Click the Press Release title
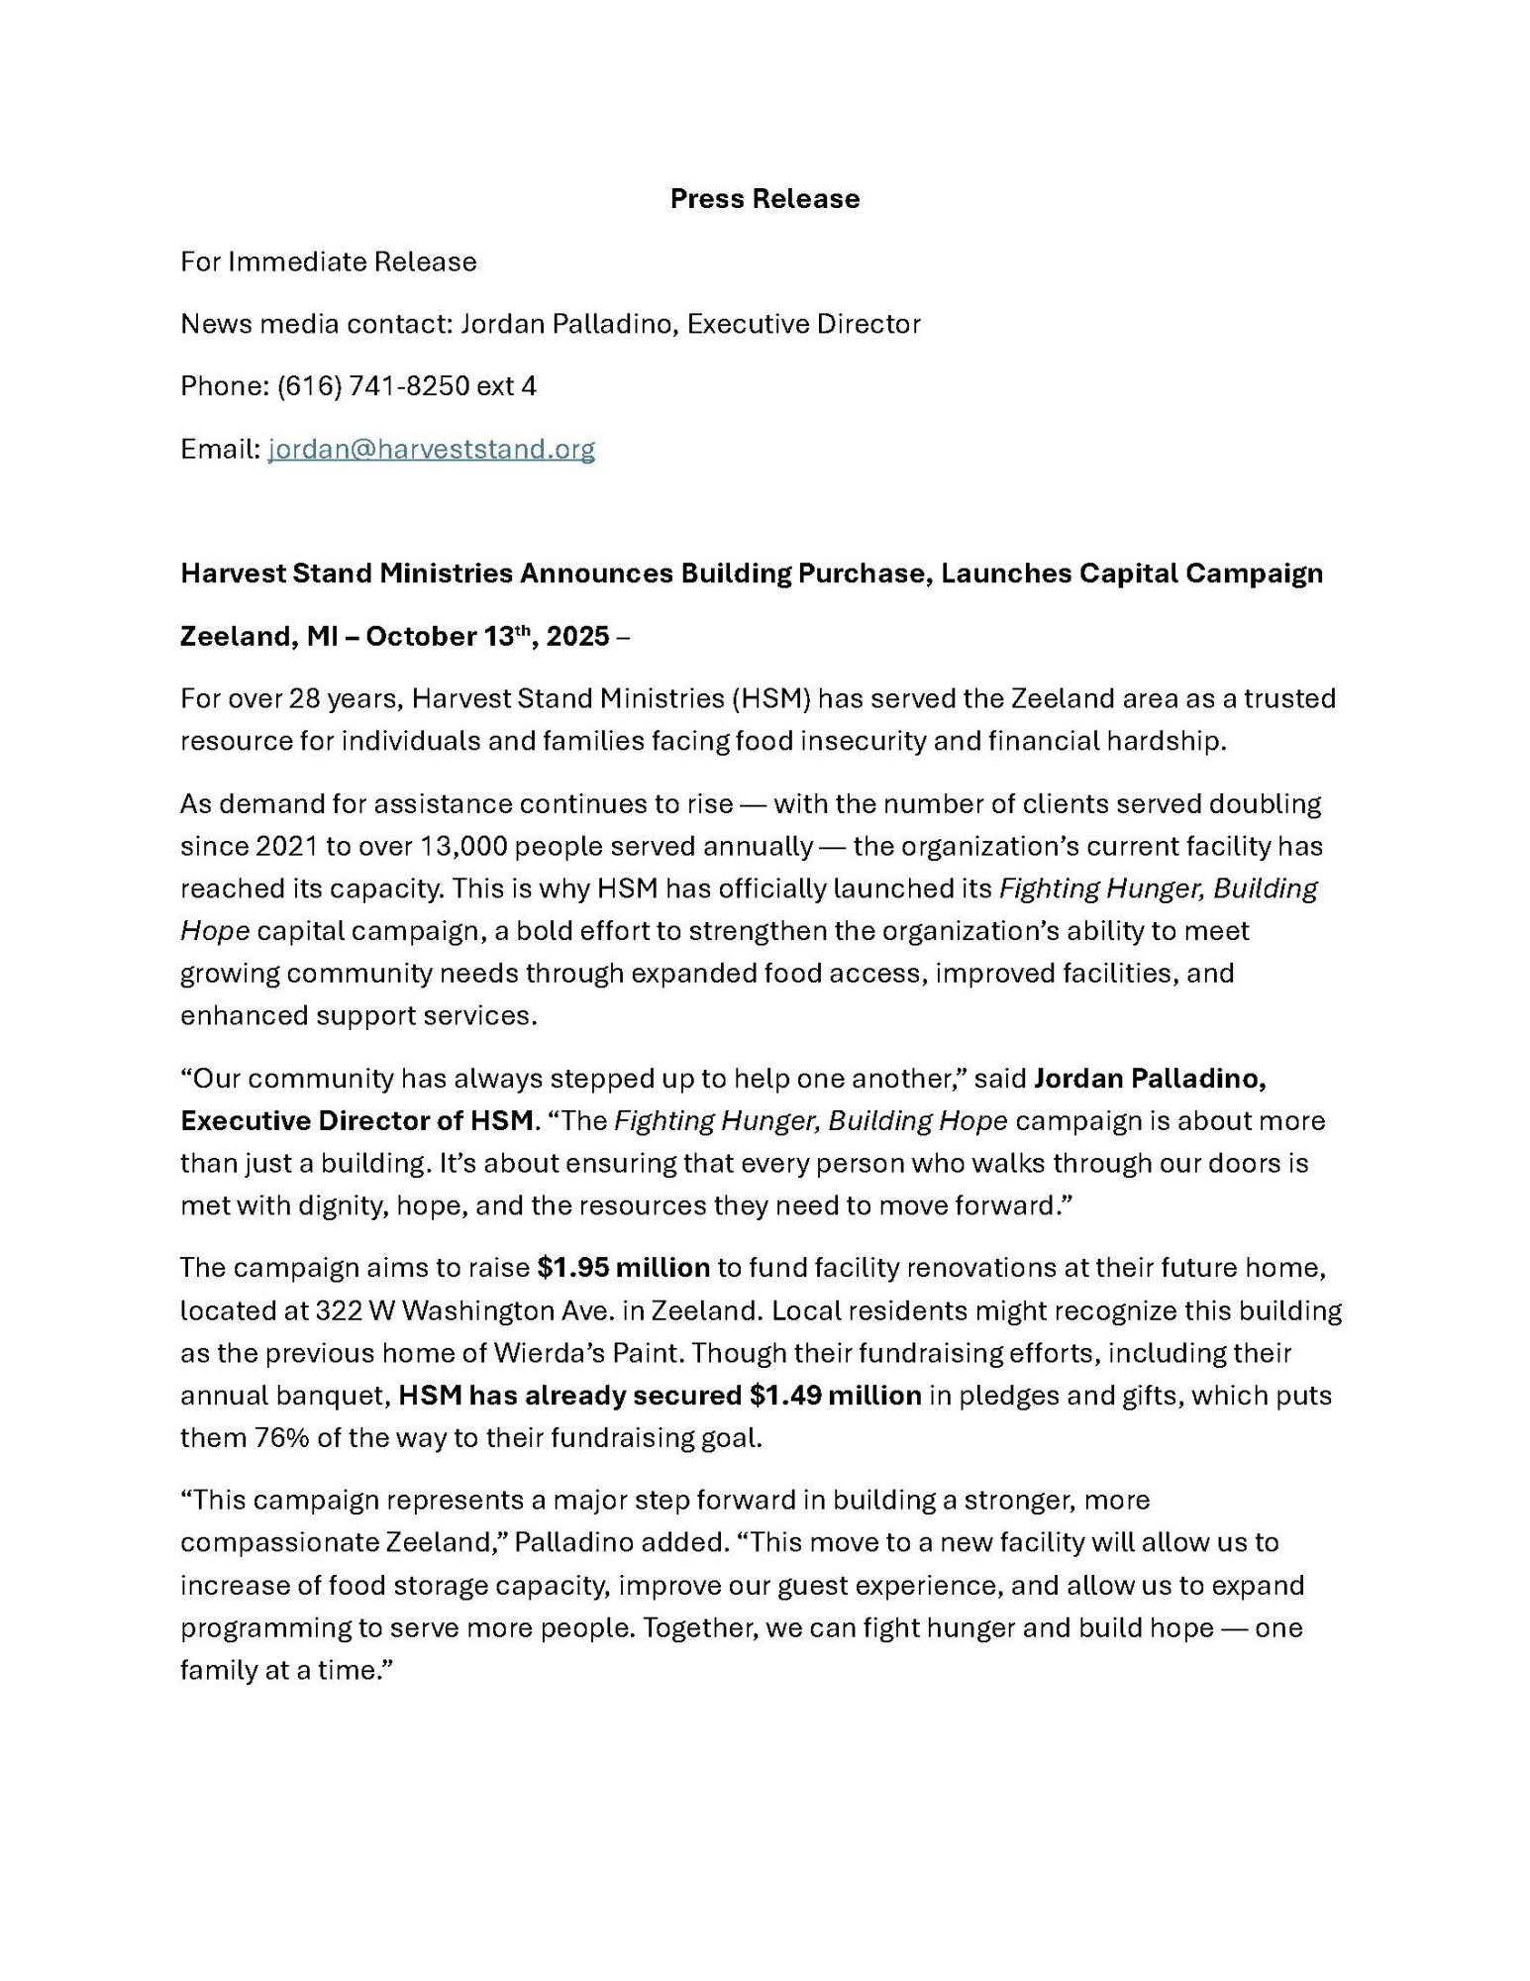click(x=764, y=199)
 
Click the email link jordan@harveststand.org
click(x=431, y=450)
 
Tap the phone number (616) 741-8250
click(x=372, y=386)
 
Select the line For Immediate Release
click(x=328, y=261)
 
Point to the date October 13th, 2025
click(x=487, y=636)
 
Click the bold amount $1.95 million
click(x=623, y=1268)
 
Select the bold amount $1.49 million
click(x=835, y=1396)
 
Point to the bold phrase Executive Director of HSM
click(x=357, y=1121)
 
